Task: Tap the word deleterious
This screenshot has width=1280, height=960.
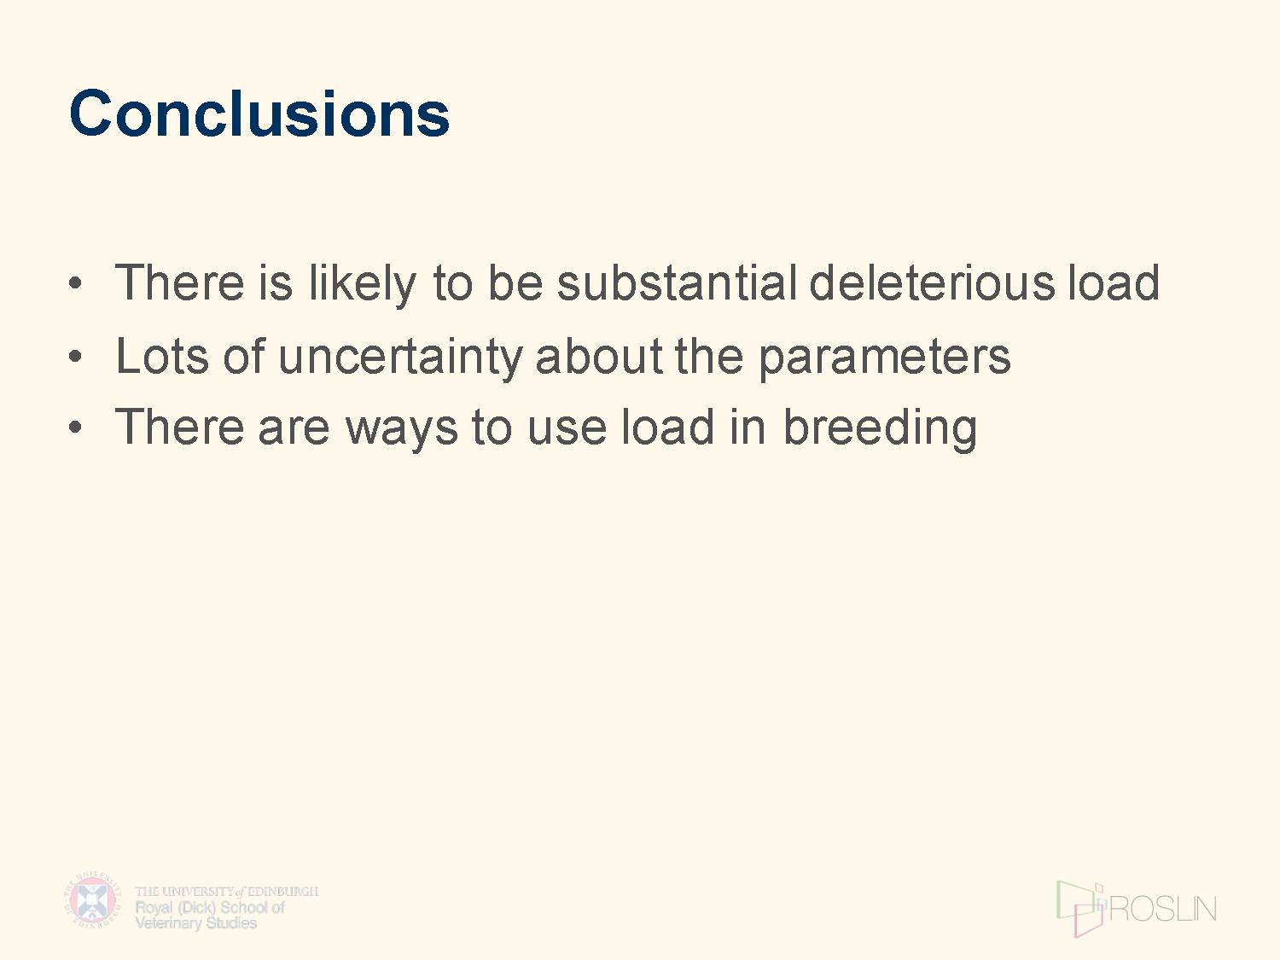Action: (932, 282)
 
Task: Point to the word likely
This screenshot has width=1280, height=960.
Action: (362, 284)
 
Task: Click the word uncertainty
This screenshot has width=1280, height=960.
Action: (400, 357)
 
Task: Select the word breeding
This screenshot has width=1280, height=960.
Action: (880, 428)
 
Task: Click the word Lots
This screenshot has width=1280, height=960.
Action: (161, 356)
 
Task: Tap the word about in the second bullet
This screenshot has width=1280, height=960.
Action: (598, 356)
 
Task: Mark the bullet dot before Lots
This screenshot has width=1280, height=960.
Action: (74, 355)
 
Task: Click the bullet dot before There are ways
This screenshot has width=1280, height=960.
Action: (74, 428)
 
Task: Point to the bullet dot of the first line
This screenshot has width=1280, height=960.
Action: (74, 282)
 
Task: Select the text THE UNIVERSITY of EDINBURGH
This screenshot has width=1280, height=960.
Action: (227, 891)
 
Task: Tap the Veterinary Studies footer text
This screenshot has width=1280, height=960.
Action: (196, 922)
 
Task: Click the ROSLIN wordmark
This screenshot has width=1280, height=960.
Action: (1163, 909)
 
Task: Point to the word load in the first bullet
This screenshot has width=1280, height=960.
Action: (1114, 282)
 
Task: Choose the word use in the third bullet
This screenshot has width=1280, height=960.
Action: (567, 431)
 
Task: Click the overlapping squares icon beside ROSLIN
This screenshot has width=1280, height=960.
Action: (1080, 909)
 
